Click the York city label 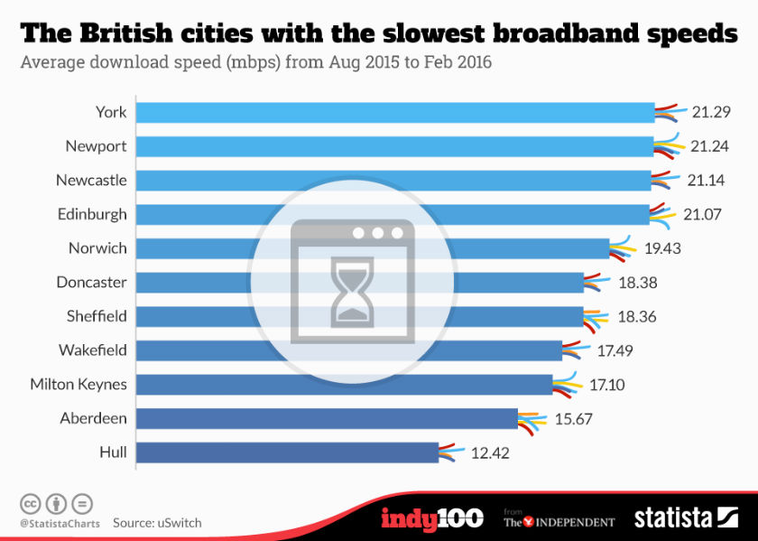click(111, 112)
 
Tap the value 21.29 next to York click(710, 112)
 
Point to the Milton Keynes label click(79, 385)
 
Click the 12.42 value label click(491, 452)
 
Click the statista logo click(686, 518)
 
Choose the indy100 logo click(431, 518)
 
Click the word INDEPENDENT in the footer click(571, 522)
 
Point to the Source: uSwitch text click(157, 523)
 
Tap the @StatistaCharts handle click(59, 523)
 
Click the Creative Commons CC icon click(30, 504)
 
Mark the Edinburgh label click(93, 214)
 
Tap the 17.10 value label click(607, 385)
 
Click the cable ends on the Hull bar click(451, 452)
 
